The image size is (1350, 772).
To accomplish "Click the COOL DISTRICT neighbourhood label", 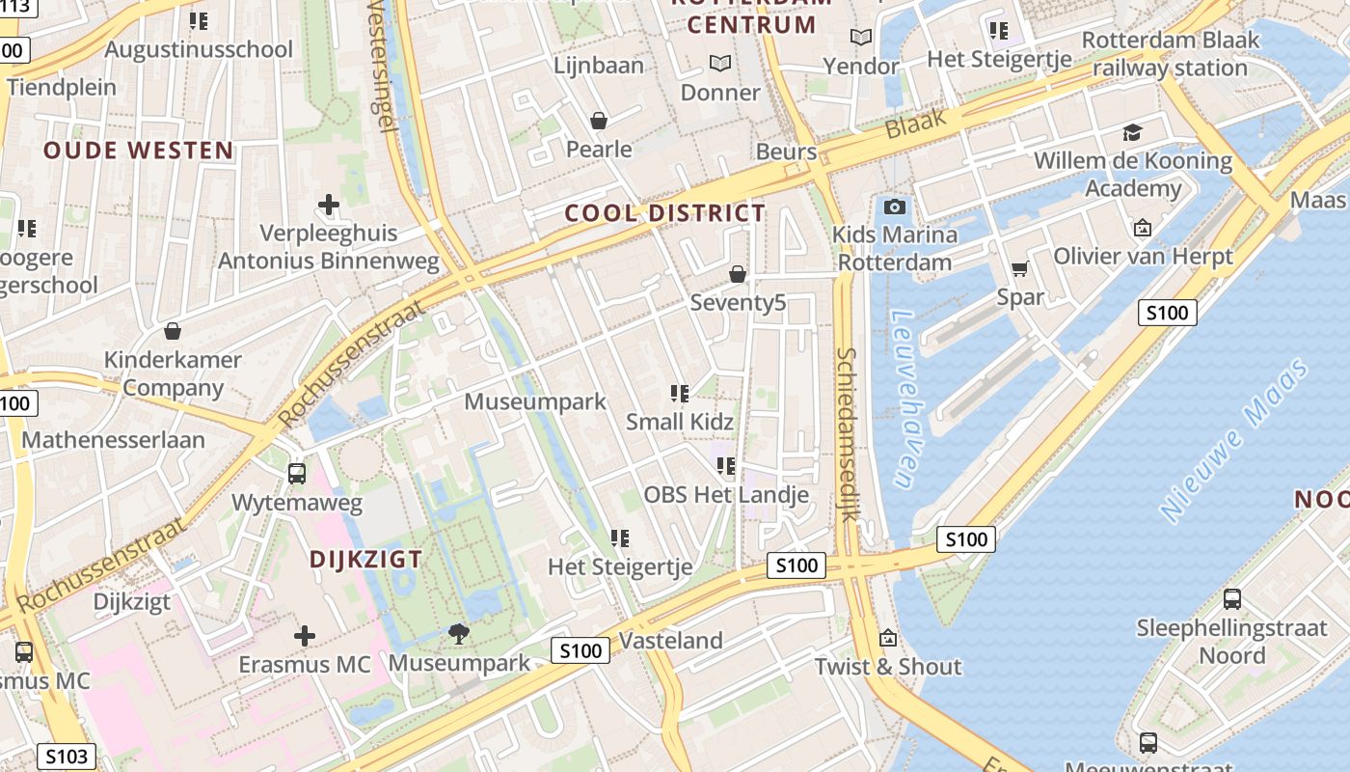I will point(664,213).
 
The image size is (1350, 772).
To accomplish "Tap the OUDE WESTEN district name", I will point(138,151).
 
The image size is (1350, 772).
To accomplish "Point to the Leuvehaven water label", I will point(904,398).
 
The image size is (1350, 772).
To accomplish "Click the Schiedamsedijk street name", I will point(848,434).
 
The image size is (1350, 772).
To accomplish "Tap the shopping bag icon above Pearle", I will point(599,121).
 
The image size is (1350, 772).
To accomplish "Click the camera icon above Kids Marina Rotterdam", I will point(894,207).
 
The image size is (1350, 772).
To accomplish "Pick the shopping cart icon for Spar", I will point(1020,268).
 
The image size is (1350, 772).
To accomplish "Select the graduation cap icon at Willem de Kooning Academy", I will point(1132,132).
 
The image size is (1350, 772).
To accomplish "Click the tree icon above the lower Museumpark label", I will point(459,634).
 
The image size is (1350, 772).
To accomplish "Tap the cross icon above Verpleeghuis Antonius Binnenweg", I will point(329,205).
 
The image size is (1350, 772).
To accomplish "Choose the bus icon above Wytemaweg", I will point(297,474).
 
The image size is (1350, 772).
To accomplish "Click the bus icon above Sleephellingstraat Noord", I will point(1231,599).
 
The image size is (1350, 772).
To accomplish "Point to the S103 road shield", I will point(67,757).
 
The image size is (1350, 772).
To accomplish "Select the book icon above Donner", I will point(720,64).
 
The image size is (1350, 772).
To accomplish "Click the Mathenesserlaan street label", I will point(113,440).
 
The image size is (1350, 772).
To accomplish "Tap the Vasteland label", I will point(670,640).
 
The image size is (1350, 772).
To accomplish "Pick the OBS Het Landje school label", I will point(725,495).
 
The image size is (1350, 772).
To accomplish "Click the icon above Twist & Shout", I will point(888,638).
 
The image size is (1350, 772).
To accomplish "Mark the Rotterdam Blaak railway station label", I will point(1171,54).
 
